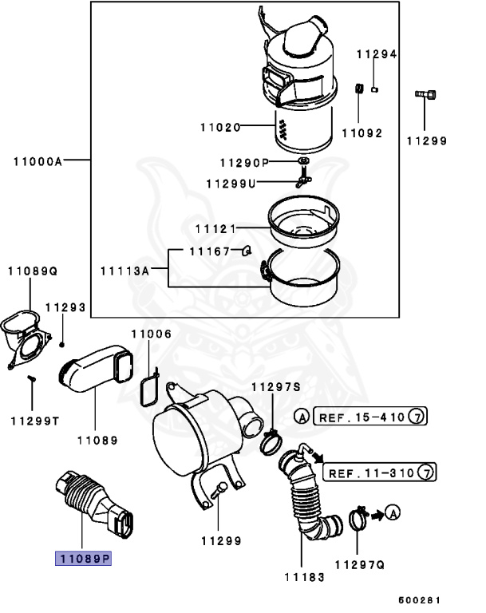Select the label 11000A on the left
click(x=38, y=160)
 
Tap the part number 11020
click(x=219, y=126)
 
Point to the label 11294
click(x=376, y=54)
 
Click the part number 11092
click(x=362, y=132)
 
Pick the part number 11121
click(x=215, y=229)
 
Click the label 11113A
click(x=124, y=271)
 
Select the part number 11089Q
click(x=34, y=271)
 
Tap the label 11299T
click(x=34, y=420)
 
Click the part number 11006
click(x=151, y=334)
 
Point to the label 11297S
click(x=275, y=387)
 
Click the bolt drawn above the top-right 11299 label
click(x=425, y=97)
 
